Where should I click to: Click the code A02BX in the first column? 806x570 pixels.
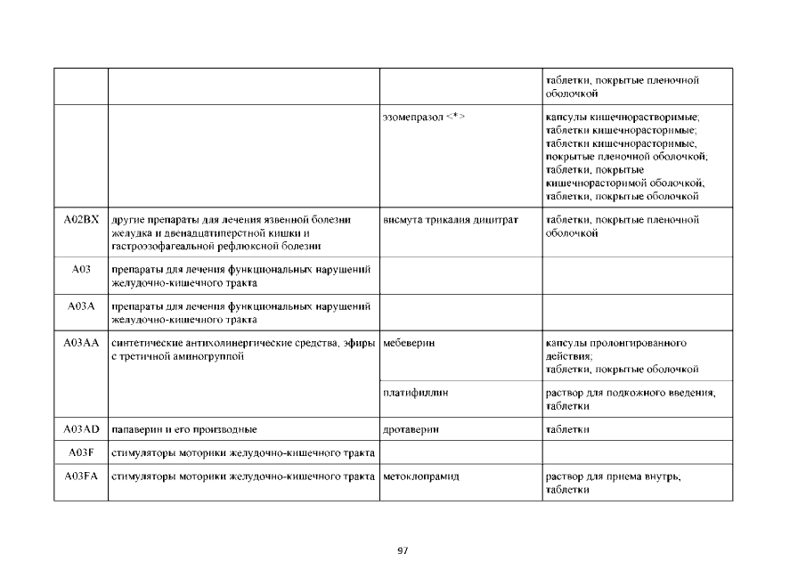[81, 219]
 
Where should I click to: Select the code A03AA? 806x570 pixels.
[81, 342]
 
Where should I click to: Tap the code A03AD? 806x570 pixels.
[81, 429]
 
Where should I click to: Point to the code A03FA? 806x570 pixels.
[81, 476]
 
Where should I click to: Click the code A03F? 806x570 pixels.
[81, 452]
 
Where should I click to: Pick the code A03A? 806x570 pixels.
[81, 305]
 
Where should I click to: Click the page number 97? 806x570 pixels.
[403, 550]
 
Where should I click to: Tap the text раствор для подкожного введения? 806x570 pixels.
[631, 392]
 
